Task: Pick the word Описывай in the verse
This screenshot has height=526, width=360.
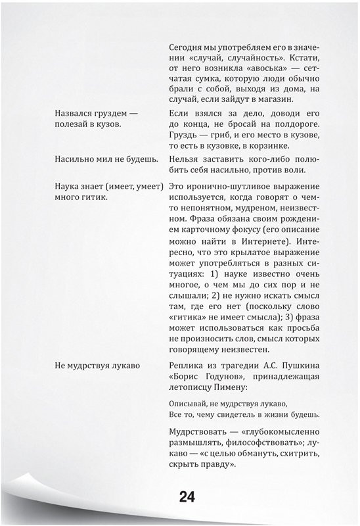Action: click(189, 402)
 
